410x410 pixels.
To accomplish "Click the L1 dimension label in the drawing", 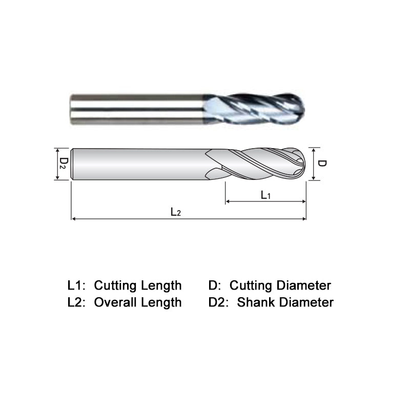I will pyautogui.click(x=265, y=195).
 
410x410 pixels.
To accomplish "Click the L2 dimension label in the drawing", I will pyautogui.click(x=176, y=212).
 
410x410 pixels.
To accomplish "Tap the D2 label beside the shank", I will pyautogui.click(x=63, y=164).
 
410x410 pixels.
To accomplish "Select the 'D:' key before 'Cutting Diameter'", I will pyautogui.click(x=216, y=285).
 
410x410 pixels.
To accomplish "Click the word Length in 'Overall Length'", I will pyautogui.click(x=162, y=302).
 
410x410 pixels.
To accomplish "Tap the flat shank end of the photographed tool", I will pyautogui.click(x=71, y=109).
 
